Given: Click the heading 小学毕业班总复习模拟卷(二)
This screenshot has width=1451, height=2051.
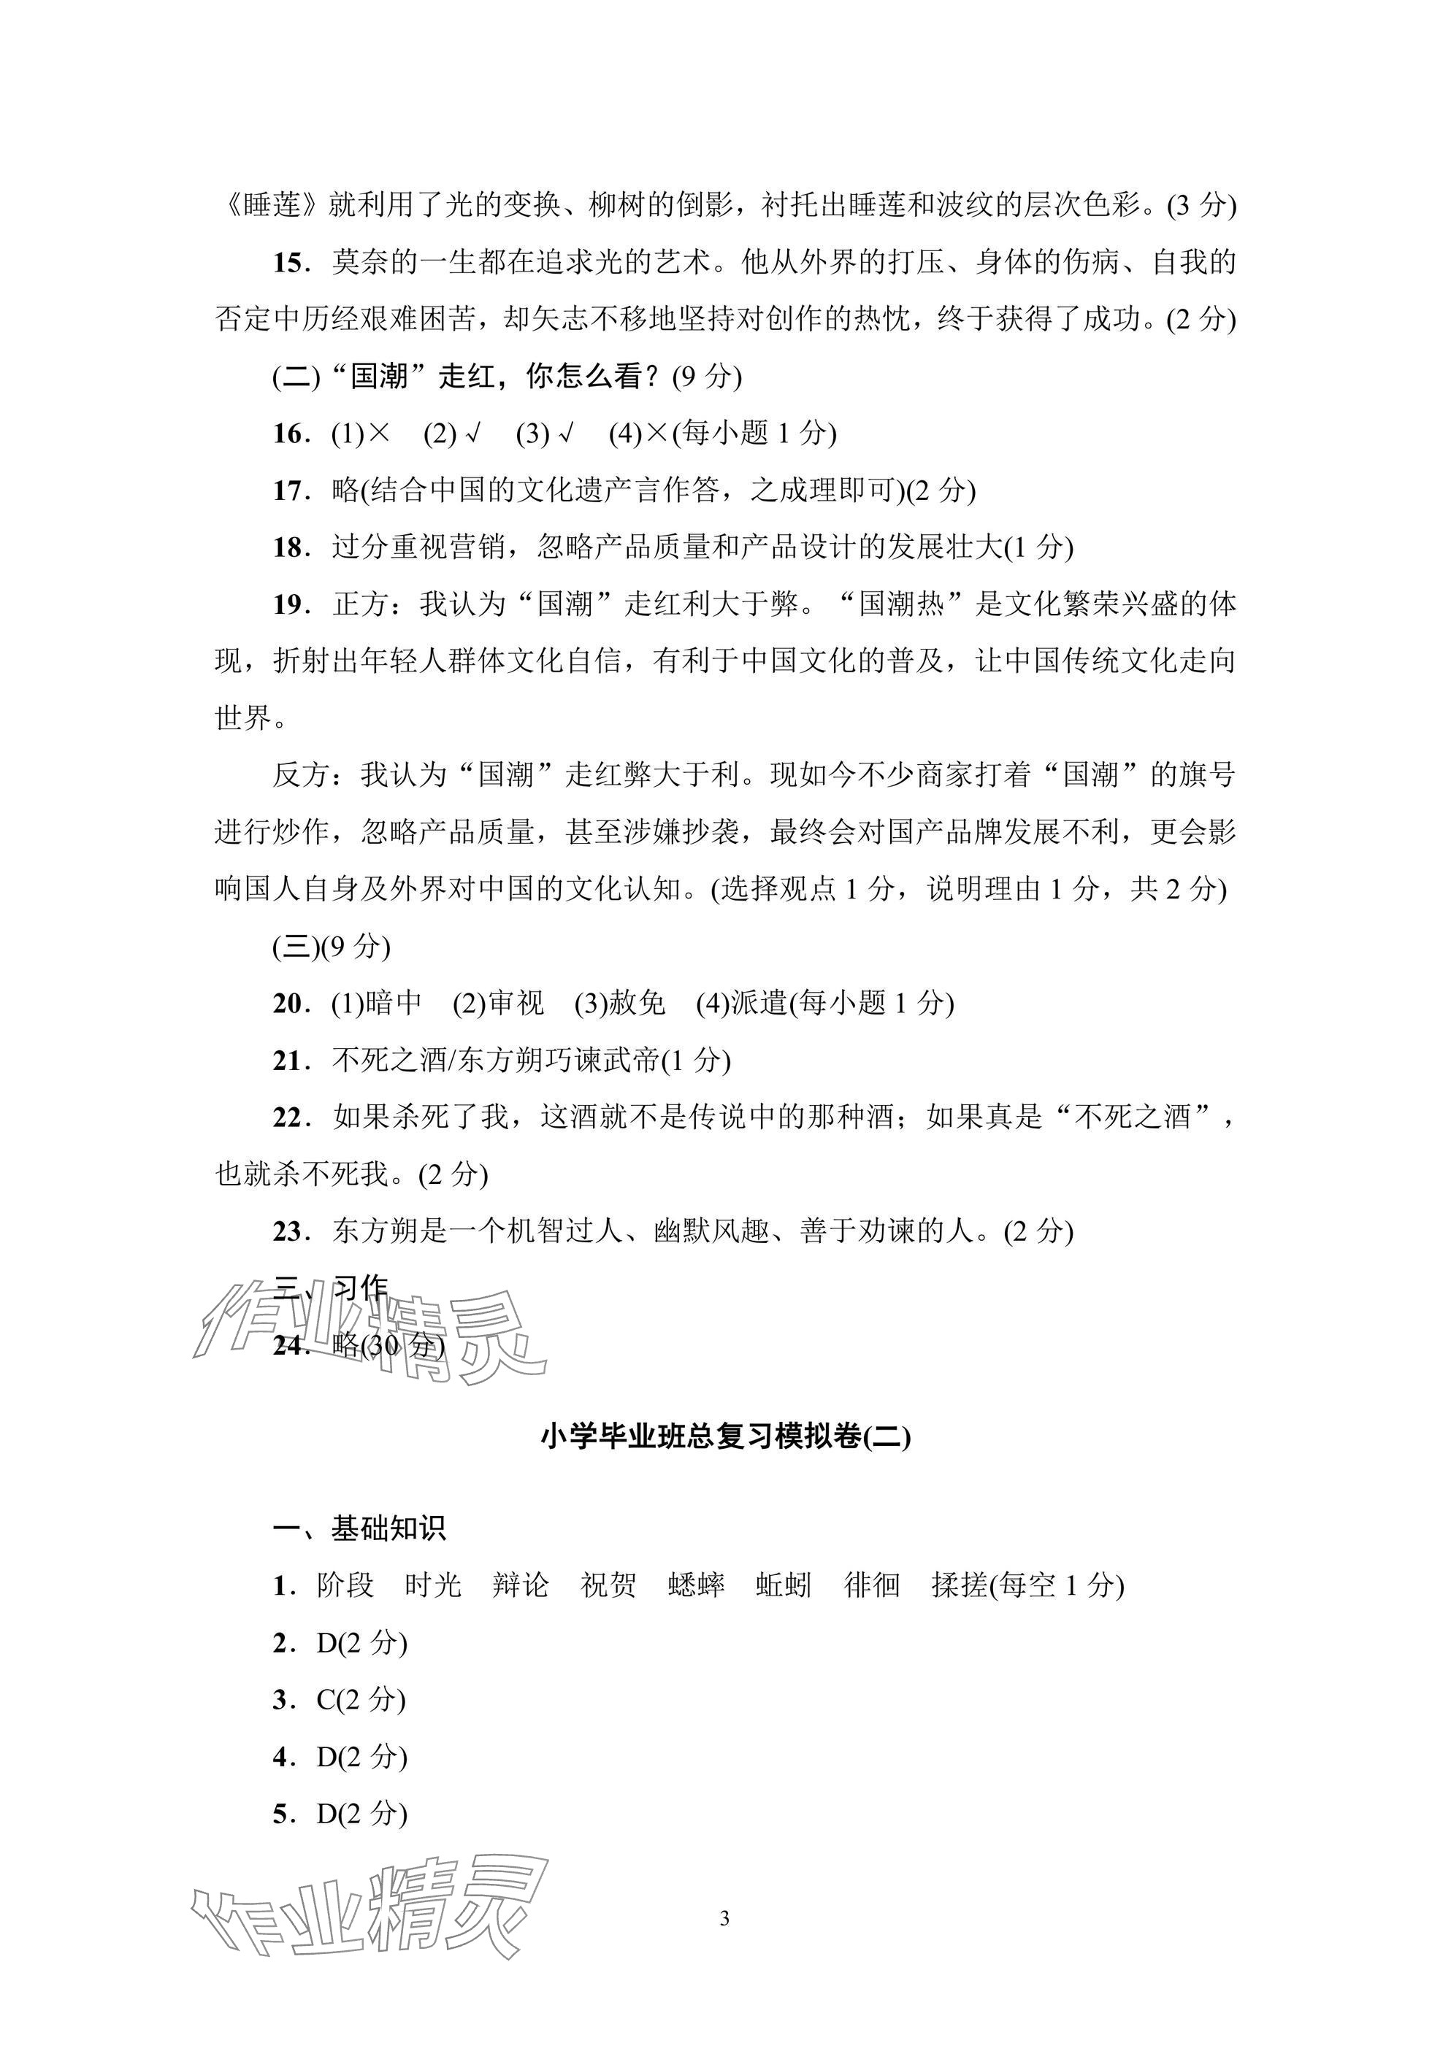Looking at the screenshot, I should click(726, 1436).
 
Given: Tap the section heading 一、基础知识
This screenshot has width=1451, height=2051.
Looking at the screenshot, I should click(359, 1528).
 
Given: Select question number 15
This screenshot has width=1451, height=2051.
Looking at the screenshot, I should click(289, 263).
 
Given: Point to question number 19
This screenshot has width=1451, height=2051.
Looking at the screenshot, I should click(289, 605).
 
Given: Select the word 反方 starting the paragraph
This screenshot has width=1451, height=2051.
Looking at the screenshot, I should click(301, 775).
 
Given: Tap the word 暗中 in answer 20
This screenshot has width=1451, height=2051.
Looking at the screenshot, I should click(392, 1003).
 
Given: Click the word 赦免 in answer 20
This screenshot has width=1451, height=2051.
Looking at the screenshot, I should click(636, 1003).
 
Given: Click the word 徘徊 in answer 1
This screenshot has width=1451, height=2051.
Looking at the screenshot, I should click(871, 1585).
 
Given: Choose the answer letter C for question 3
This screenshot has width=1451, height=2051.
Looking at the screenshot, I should click(326, 1700).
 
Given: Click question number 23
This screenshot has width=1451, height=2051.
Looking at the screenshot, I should click(289, 1232).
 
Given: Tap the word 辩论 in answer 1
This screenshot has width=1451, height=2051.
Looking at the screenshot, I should click(520, 1585).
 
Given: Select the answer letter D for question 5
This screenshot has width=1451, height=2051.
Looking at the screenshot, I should click(327, 1815).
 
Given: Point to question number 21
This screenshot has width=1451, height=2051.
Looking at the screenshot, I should click(289, 1061).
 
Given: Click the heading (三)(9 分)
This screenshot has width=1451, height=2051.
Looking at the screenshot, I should click(332, 947).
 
